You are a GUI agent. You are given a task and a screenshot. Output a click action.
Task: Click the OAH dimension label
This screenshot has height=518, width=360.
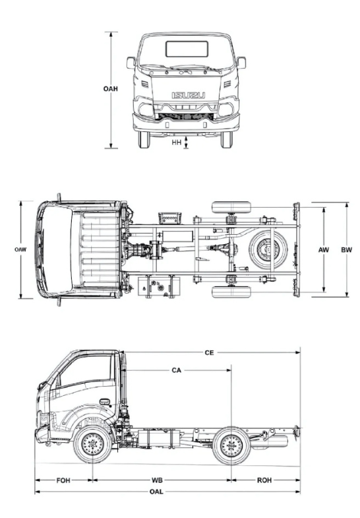(x=110, y=89)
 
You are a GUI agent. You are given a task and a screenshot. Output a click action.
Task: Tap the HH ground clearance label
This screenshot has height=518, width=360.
(x=177, y=143)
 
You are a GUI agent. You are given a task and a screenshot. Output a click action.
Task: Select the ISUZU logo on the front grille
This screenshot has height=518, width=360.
(x=189, y=96)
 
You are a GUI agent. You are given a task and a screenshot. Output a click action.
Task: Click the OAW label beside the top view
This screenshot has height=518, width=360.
(x=20, y=249)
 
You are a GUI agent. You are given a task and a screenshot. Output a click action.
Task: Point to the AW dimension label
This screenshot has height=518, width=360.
(x=323, y=249)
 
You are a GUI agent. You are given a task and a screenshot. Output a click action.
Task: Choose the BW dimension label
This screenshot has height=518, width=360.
(x=346, y=249)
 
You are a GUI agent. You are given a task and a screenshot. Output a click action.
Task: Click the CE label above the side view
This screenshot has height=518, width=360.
(x=209, y=353)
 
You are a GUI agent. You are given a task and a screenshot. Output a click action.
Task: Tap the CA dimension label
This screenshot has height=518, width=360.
(x=177, y=370)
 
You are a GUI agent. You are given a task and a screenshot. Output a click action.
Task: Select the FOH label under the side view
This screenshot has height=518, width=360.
(x=63, y=480)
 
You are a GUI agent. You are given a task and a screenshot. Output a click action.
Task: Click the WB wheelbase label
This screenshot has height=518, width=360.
(x=157, y=480)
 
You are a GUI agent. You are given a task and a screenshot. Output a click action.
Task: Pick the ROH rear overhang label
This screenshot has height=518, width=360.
(x=264, y=480)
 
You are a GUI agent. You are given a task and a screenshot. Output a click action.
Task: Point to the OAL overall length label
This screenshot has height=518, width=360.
(x=156, y=492)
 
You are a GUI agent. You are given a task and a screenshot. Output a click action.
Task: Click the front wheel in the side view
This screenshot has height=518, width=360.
(x=92, y=444)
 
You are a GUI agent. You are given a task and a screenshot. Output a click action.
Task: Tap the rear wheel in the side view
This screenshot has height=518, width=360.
(x=231, y=445)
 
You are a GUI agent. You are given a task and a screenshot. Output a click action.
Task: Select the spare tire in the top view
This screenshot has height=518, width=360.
(x=268, y=249)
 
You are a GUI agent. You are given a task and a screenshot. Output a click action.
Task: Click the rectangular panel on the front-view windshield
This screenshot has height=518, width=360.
(x=187, y=49)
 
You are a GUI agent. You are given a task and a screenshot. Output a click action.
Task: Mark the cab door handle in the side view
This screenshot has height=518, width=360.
(x=105, y=402)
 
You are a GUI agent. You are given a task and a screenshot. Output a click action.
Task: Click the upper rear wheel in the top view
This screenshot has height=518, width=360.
(x=231, y=207)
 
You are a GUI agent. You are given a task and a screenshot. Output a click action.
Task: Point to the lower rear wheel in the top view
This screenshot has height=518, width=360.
(x=231, y=292)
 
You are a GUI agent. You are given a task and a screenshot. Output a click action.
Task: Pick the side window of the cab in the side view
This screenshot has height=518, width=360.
(x=85, y=370)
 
